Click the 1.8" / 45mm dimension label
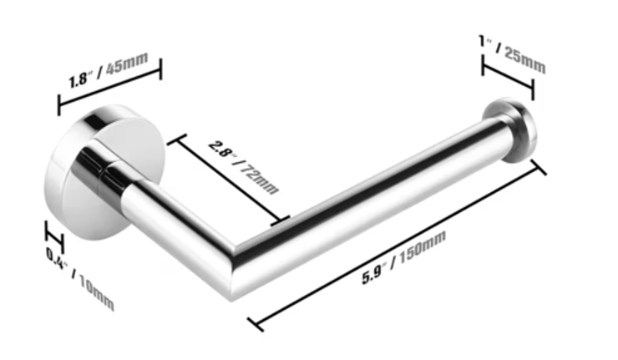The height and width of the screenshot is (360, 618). tap(109, 70)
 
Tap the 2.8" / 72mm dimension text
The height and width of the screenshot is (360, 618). tap(244, 168)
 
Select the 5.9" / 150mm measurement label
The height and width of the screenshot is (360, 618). tap(404, 257)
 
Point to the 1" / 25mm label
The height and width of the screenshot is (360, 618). tap(513, 53)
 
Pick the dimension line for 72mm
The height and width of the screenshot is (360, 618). tap(229, 180)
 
